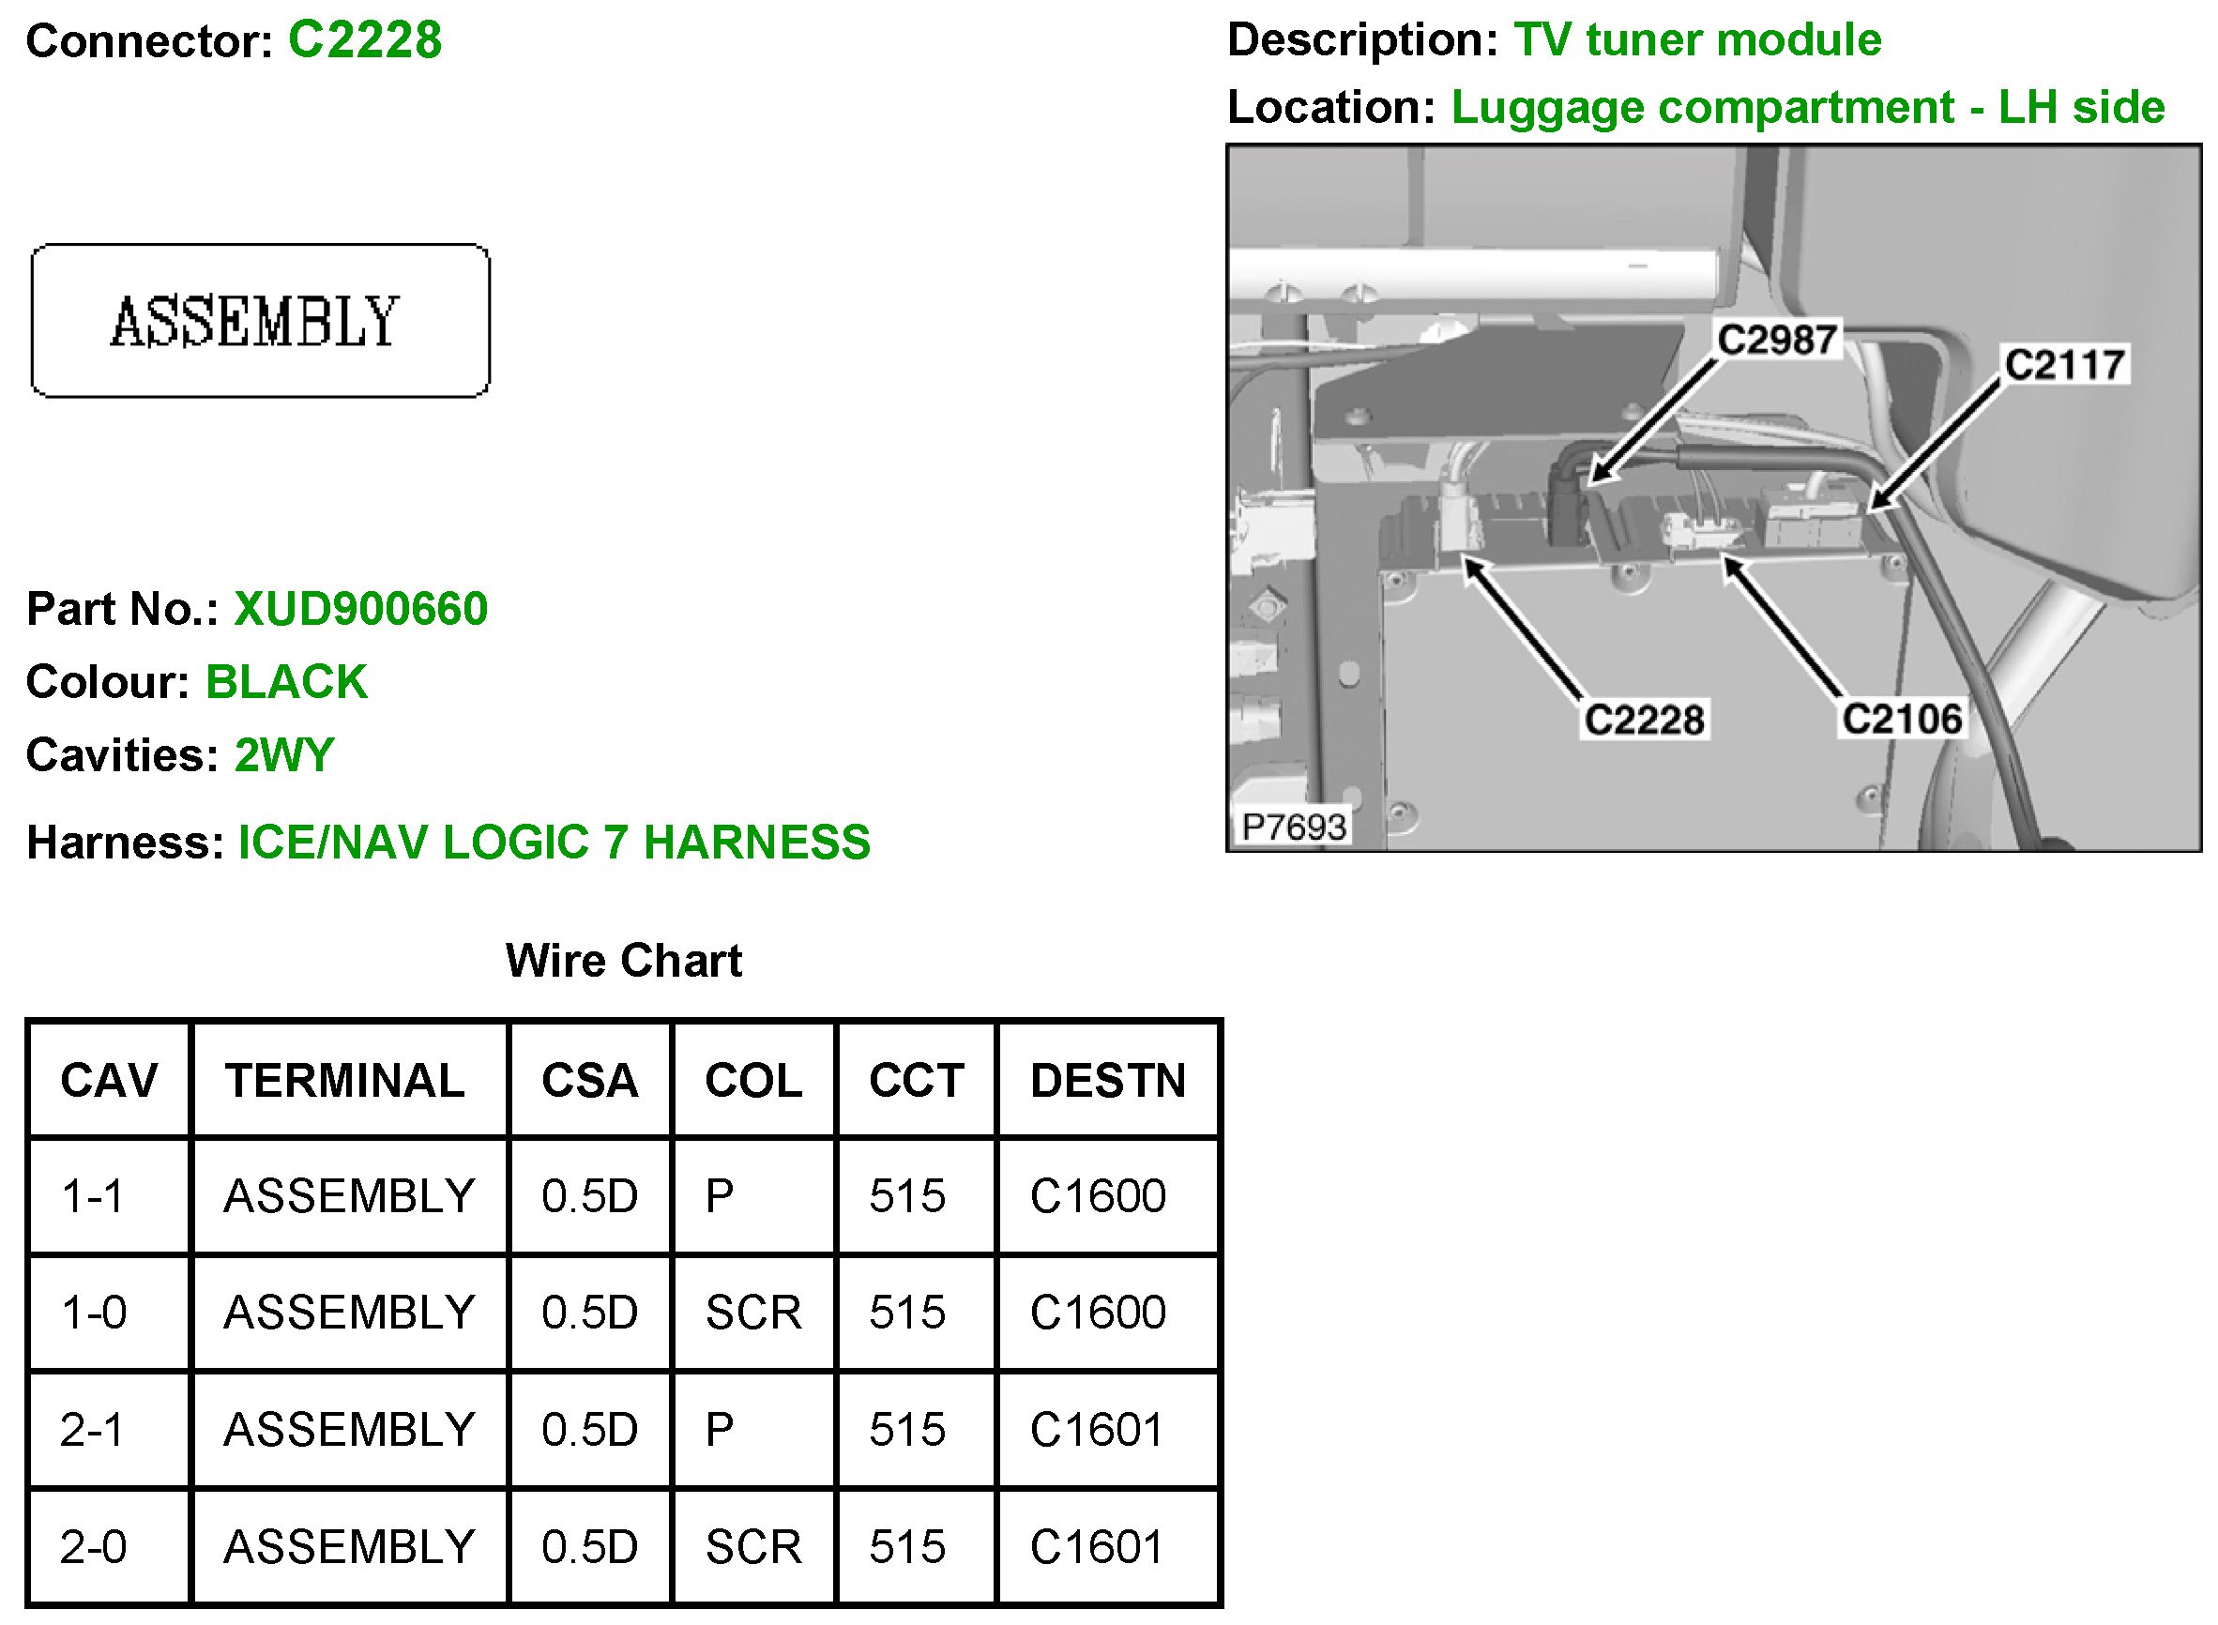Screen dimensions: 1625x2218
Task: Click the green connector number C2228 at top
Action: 364,41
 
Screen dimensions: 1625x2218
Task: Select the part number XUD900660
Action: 360,609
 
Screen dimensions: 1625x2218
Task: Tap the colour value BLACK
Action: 286,682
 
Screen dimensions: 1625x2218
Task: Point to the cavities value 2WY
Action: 284,754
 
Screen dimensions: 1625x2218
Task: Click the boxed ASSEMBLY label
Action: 260,321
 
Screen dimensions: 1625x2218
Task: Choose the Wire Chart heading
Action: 624,960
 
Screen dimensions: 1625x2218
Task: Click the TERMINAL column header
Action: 345,1080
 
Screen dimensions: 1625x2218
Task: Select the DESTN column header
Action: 1107,1080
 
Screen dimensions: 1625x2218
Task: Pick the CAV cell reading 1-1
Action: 93,1196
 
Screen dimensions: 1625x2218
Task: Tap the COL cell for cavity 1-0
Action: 753,1313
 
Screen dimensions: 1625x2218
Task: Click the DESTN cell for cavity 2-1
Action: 1097,1429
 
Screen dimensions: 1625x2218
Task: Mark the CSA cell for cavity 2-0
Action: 589,1546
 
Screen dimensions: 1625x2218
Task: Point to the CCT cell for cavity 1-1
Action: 907,1196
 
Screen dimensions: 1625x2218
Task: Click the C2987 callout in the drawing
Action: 1776,340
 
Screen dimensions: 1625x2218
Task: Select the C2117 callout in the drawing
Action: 2064,364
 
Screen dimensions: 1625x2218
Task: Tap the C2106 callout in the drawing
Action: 1901,719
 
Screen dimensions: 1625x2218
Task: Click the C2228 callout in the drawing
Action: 1644,719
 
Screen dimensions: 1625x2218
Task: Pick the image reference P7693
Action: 1294,828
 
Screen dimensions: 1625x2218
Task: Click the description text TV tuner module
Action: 1696,40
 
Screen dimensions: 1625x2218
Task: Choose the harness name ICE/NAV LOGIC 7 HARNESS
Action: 554,842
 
